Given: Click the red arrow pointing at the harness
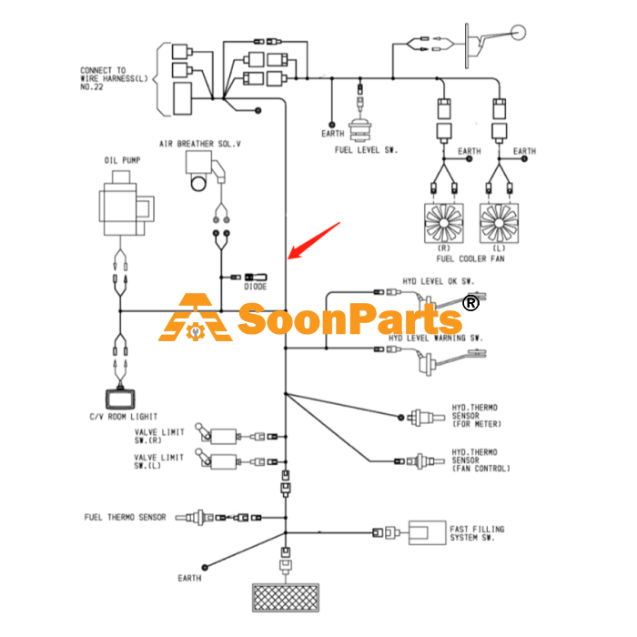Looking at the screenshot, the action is [x=314, y=240].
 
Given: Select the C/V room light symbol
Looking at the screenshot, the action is [x=120, y=399].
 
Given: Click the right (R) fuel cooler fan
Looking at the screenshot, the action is [x=444, y=223].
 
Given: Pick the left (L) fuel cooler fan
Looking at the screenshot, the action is [x=499, y=223].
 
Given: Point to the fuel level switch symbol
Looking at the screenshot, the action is [x=360, y=129].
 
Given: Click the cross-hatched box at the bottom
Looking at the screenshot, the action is [x=286, y=598].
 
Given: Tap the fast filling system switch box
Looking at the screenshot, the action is [x=427, y=532].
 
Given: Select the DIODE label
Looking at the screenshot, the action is [x=255, y=287].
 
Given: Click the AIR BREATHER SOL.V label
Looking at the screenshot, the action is [x=200, y=144].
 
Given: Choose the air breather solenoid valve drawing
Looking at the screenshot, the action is [x=205, y=171].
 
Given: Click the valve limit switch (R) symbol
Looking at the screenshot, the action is [x=217, y=435].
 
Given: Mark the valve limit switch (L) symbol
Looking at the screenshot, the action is [x=217, y=460].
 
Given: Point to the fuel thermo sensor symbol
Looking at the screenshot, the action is [x=194, y=518].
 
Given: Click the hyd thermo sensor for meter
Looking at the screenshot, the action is [x=427, y=417].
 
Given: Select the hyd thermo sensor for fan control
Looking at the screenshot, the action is [x=425, y=461].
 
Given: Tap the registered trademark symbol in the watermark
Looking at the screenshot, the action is [x=470, y=303].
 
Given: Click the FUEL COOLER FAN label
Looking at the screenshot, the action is [x=470, y=258].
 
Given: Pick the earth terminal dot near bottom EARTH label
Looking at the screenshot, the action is [x=205, y=567].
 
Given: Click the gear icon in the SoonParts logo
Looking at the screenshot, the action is [x=196, y=332].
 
